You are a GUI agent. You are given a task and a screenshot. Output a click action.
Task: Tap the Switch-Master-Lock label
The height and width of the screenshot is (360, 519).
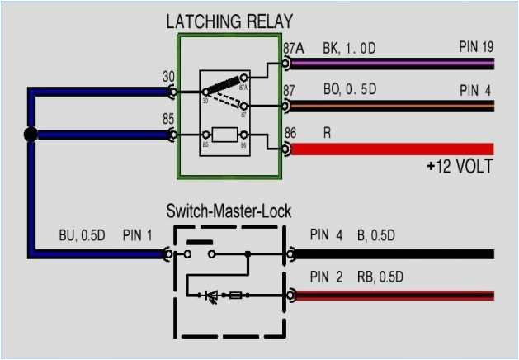tap(229, 211)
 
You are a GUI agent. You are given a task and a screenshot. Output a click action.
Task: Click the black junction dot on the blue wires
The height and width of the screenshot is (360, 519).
tap(31, 135)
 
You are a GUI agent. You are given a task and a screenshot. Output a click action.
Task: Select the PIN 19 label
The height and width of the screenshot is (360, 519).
tap(476, 46)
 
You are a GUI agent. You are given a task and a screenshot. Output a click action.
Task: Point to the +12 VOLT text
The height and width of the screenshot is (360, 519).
tap(460, 167)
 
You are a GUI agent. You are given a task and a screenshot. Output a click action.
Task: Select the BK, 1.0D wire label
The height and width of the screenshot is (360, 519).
tap(349, 49)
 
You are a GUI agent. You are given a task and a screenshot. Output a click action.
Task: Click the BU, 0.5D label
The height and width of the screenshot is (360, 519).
tap(83, 235)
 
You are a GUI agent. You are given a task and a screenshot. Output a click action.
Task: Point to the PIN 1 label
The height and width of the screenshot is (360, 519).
tap(138, 235)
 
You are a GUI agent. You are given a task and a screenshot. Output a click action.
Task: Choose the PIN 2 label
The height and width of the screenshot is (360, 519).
tap(326, 276)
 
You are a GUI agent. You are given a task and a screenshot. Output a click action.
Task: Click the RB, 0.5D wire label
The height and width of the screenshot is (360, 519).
tap(376, 276)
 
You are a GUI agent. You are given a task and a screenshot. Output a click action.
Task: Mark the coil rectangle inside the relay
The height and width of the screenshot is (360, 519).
tap(225, 134)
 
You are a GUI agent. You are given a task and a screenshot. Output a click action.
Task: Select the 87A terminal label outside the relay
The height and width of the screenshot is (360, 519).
tap(293, 48)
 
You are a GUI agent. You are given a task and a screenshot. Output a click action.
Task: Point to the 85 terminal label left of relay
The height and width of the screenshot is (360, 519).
tap(168, 118)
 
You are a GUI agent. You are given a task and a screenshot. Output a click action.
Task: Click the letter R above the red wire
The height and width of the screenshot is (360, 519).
tap(327, 132)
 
